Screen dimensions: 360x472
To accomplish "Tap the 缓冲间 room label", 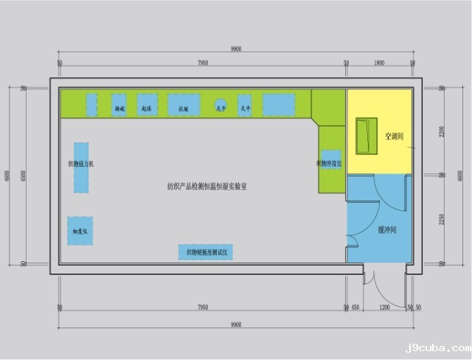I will pos(387,229).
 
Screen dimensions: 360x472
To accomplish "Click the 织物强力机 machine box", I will pos(80,167).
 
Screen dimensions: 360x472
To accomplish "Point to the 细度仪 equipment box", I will pos(80,231).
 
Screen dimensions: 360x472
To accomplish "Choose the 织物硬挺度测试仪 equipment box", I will pos(206,252).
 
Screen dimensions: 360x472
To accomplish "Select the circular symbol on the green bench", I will pos(220,104).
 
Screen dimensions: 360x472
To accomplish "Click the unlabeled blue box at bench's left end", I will pos(91,105).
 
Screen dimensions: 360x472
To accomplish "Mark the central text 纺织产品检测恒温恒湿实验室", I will pos(207,187).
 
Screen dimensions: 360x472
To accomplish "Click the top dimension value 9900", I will pos(236,49).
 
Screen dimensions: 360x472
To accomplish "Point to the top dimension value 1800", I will pos(379,63).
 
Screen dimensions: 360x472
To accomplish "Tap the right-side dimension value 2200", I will pos(441,131).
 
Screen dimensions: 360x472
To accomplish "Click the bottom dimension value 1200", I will pos(384,307).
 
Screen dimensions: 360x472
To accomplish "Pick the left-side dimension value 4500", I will pos(24,176).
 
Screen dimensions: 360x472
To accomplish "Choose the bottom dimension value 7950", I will pos(202,307).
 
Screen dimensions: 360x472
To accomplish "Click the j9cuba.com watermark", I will pos(437,347).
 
